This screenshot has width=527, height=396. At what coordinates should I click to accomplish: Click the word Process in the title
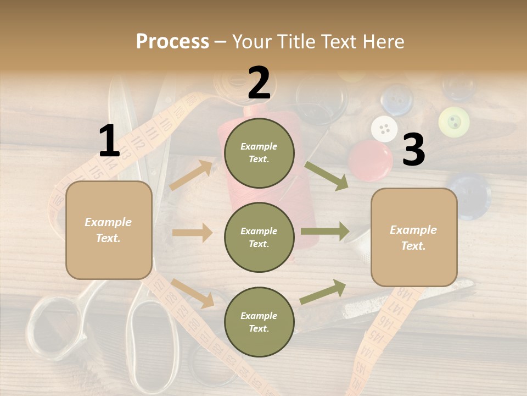pos(172,42)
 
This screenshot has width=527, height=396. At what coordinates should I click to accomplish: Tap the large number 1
pos(109,141)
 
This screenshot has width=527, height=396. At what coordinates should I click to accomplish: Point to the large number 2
pos(259,83)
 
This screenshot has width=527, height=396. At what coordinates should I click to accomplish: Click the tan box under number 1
pos(109,230)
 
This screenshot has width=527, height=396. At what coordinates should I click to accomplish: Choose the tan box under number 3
pos(413,237)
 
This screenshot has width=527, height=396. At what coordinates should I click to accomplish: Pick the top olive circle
pos(259,153)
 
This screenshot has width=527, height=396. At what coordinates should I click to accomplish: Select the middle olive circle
pos(259,237)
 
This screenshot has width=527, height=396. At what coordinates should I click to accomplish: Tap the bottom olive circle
pos(259,322)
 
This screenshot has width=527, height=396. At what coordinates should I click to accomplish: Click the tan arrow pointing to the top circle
pos(191,174)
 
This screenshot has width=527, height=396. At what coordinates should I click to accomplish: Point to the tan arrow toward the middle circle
pos(192,233)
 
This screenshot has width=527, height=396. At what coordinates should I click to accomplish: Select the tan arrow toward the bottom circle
pos(192,293)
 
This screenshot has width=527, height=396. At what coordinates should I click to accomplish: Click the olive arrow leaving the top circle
pos(326,175)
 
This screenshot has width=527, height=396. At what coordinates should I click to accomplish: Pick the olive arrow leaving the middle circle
pos(324,232)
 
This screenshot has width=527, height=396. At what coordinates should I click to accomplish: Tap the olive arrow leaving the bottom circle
pos(323,291)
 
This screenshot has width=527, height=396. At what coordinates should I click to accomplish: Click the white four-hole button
pos(384,129)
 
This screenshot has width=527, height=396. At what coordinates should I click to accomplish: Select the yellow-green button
pos(454,122)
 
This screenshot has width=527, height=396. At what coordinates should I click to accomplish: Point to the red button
pos(371,160)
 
